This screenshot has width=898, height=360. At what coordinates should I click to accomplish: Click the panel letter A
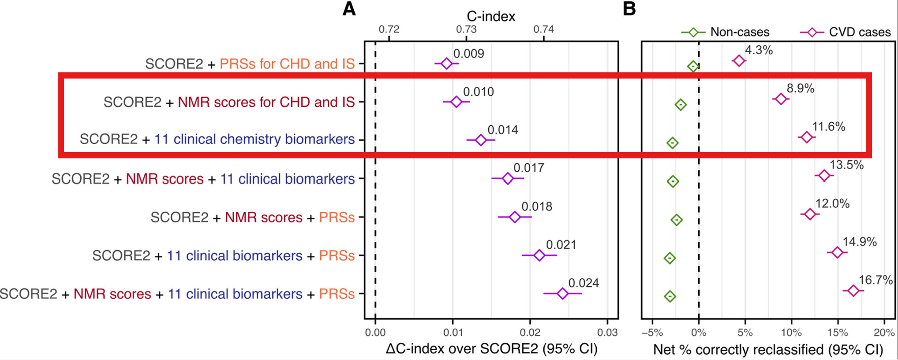pos(349,9)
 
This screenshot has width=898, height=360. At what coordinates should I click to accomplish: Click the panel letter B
pos(629,9)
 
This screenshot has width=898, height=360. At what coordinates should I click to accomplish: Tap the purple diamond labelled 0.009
pos(447,64)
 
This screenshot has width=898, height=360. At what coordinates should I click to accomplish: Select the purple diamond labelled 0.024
pos(562,293)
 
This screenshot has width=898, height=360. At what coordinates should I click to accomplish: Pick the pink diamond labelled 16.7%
pos(853,290)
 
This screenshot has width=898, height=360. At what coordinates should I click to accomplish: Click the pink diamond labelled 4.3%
pos(739,60)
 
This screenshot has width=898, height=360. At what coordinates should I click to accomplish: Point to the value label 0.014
pos(503,130)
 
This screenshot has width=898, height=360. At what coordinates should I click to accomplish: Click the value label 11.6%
pos(828,127)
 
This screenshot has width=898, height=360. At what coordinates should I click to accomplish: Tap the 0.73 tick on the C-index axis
pos(466,30)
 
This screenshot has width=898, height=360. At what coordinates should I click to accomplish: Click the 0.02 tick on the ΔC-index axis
pos(530,333)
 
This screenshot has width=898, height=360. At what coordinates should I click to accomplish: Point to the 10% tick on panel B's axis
pos(791,333)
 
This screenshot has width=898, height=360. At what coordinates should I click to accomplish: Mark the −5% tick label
pos(652,333)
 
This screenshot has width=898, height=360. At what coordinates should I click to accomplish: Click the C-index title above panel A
pos(491,17)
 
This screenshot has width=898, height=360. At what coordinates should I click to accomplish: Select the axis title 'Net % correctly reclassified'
pos(768,350)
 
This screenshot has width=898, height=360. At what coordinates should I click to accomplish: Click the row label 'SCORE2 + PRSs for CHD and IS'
pos(250,64)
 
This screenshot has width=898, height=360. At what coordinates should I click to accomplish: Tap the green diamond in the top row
pos(693,67)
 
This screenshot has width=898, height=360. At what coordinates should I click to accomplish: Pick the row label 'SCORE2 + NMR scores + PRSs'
pos(253,217)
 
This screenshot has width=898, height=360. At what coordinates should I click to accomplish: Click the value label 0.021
pos(561,245)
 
